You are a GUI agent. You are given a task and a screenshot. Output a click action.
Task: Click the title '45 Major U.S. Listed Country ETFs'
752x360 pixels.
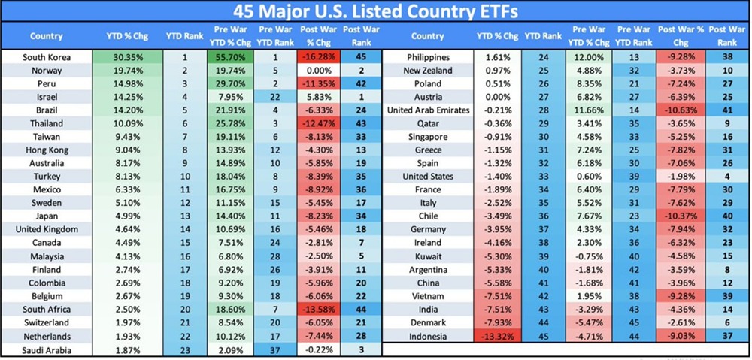click(375, 12)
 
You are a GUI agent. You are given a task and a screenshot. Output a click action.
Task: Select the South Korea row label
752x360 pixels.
click(46, 57)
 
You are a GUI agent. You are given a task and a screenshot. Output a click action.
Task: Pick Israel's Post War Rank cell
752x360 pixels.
click(361, 97)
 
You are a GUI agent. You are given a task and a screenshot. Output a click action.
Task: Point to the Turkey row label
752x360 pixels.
click(46, 176)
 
